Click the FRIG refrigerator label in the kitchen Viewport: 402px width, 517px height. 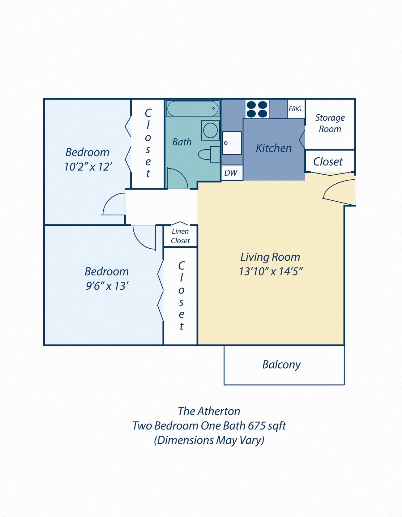(295, 109)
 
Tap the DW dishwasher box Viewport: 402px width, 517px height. (231, 173)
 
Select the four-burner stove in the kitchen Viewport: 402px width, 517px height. (257, 109)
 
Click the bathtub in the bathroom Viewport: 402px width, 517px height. (192, 109)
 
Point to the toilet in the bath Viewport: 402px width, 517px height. (208, 154)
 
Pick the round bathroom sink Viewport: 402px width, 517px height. (211, 130)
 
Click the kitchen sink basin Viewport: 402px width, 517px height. (232, 143)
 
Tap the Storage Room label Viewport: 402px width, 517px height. (330, 123)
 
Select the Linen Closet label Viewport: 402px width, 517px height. (180, 236)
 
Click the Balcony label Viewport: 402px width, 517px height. (281, 365)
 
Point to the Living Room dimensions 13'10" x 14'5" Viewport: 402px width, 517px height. (271, 271)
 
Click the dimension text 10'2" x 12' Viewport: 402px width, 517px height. (88, 167)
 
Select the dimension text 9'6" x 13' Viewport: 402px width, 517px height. (107, 286)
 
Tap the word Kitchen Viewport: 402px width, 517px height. (274, 148)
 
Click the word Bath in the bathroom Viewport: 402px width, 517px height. (182, 142)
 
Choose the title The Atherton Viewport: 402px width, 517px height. (209, 411)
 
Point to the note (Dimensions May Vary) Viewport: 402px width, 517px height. (209, 440)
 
